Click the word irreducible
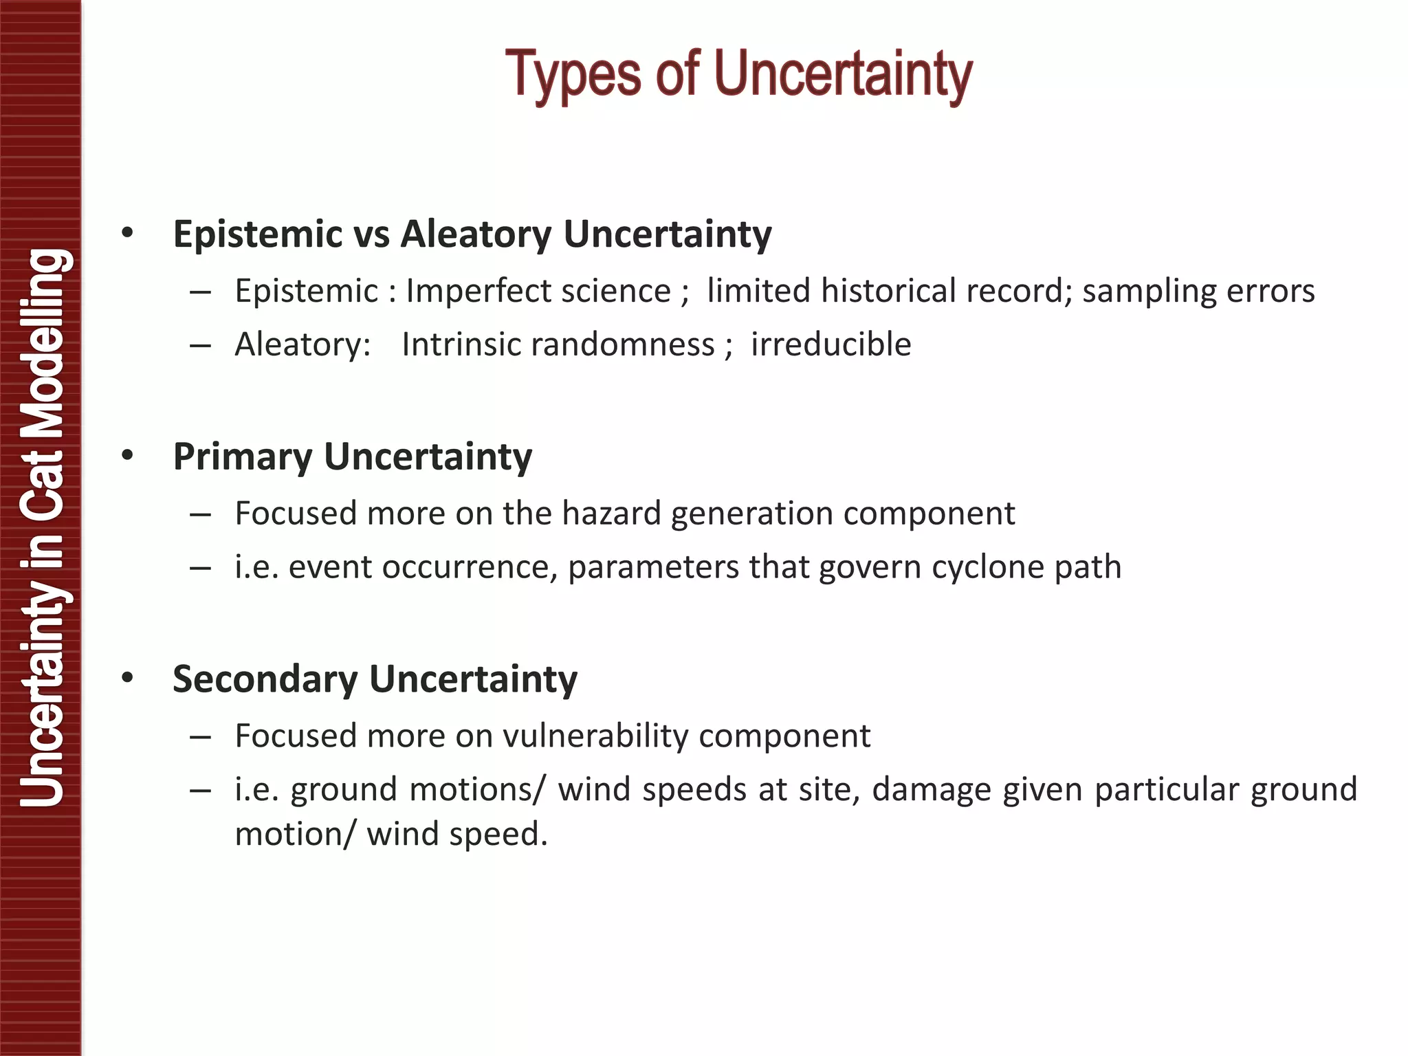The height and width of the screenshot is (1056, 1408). (x=830, y=344)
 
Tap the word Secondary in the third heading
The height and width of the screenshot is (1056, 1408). (x=265, y=680)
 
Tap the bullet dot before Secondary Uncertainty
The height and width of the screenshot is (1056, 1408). (x=127, y=678)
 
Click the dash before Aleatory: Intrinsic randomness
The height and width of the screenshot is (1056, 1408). (x=200, y=345)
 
